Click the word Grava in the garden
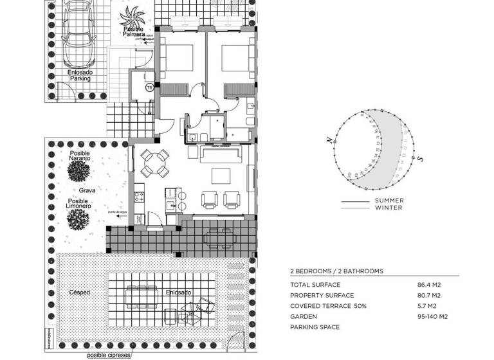point(87,191)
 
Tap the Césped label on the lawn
point(79,292)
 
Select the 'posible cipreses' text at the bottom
point(110,354)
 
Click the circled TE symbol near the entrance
point(149,87)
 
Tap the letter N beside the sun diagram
point(329,140)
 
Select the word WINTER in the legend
point(389,208)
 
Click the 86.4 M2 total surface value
point(429,284)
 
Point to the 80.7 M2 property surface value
point(429,295)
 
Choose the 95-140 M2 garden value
point(432,317)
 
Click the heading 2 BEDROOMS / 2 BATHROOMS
point(336,271)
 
